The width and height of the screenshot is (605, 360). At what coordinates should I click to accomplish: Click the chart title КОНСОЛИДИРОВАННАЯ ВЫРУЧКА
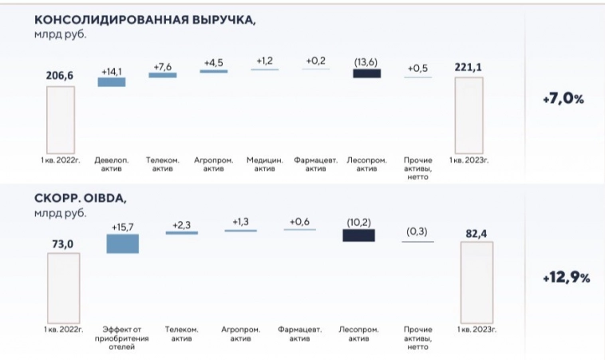[145, 19]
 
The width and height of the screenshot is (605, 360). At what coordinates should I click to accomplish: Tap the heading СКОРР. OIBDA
[81, 197]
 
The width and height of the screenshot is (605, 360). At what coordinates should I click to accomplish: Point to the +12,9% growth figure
[563, 278]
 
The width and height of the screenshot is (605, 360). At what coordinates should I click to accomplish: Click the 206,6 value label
[60, 75]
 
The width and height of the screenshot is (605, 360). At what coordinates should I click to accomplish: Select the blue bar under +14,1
[112, 81]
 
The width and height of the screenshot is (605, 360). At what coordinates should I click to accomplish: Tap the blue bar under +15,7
[123, 243]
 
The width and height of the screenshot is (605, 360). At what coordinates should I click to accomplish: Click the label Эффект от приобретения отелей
[123, 337]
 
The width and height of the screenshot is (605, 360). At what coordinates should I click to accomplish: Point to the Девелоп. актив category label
[112, 164]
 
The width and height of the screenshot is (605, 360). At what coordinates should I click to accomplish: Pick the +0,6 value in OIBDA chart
[300, 222]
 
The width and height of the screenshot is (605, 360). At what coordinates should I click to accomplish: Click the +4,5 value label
[214, 62]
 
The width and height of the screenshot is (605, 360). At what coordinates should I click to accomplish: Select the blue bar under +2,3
[181, 232]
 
